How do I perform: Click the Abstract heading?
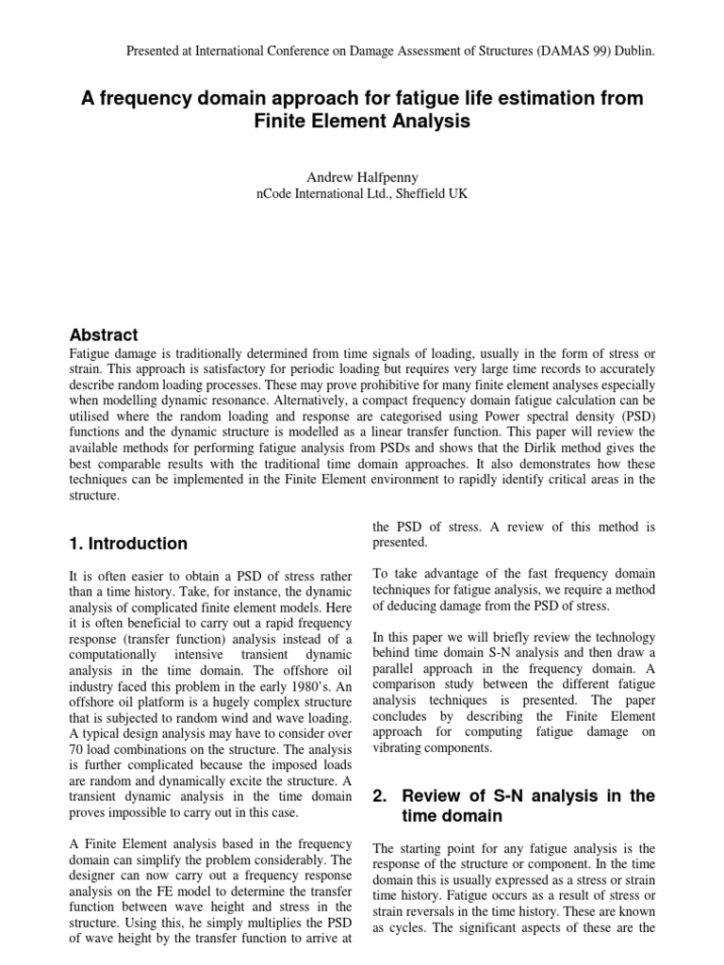[x=104, y=335]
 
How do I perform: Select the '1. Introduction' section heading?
[x=128, y=543]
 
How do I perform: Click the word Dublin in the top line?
[x=631, y=51]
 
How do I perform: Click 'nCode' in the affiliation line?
[x=276, y=193]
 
